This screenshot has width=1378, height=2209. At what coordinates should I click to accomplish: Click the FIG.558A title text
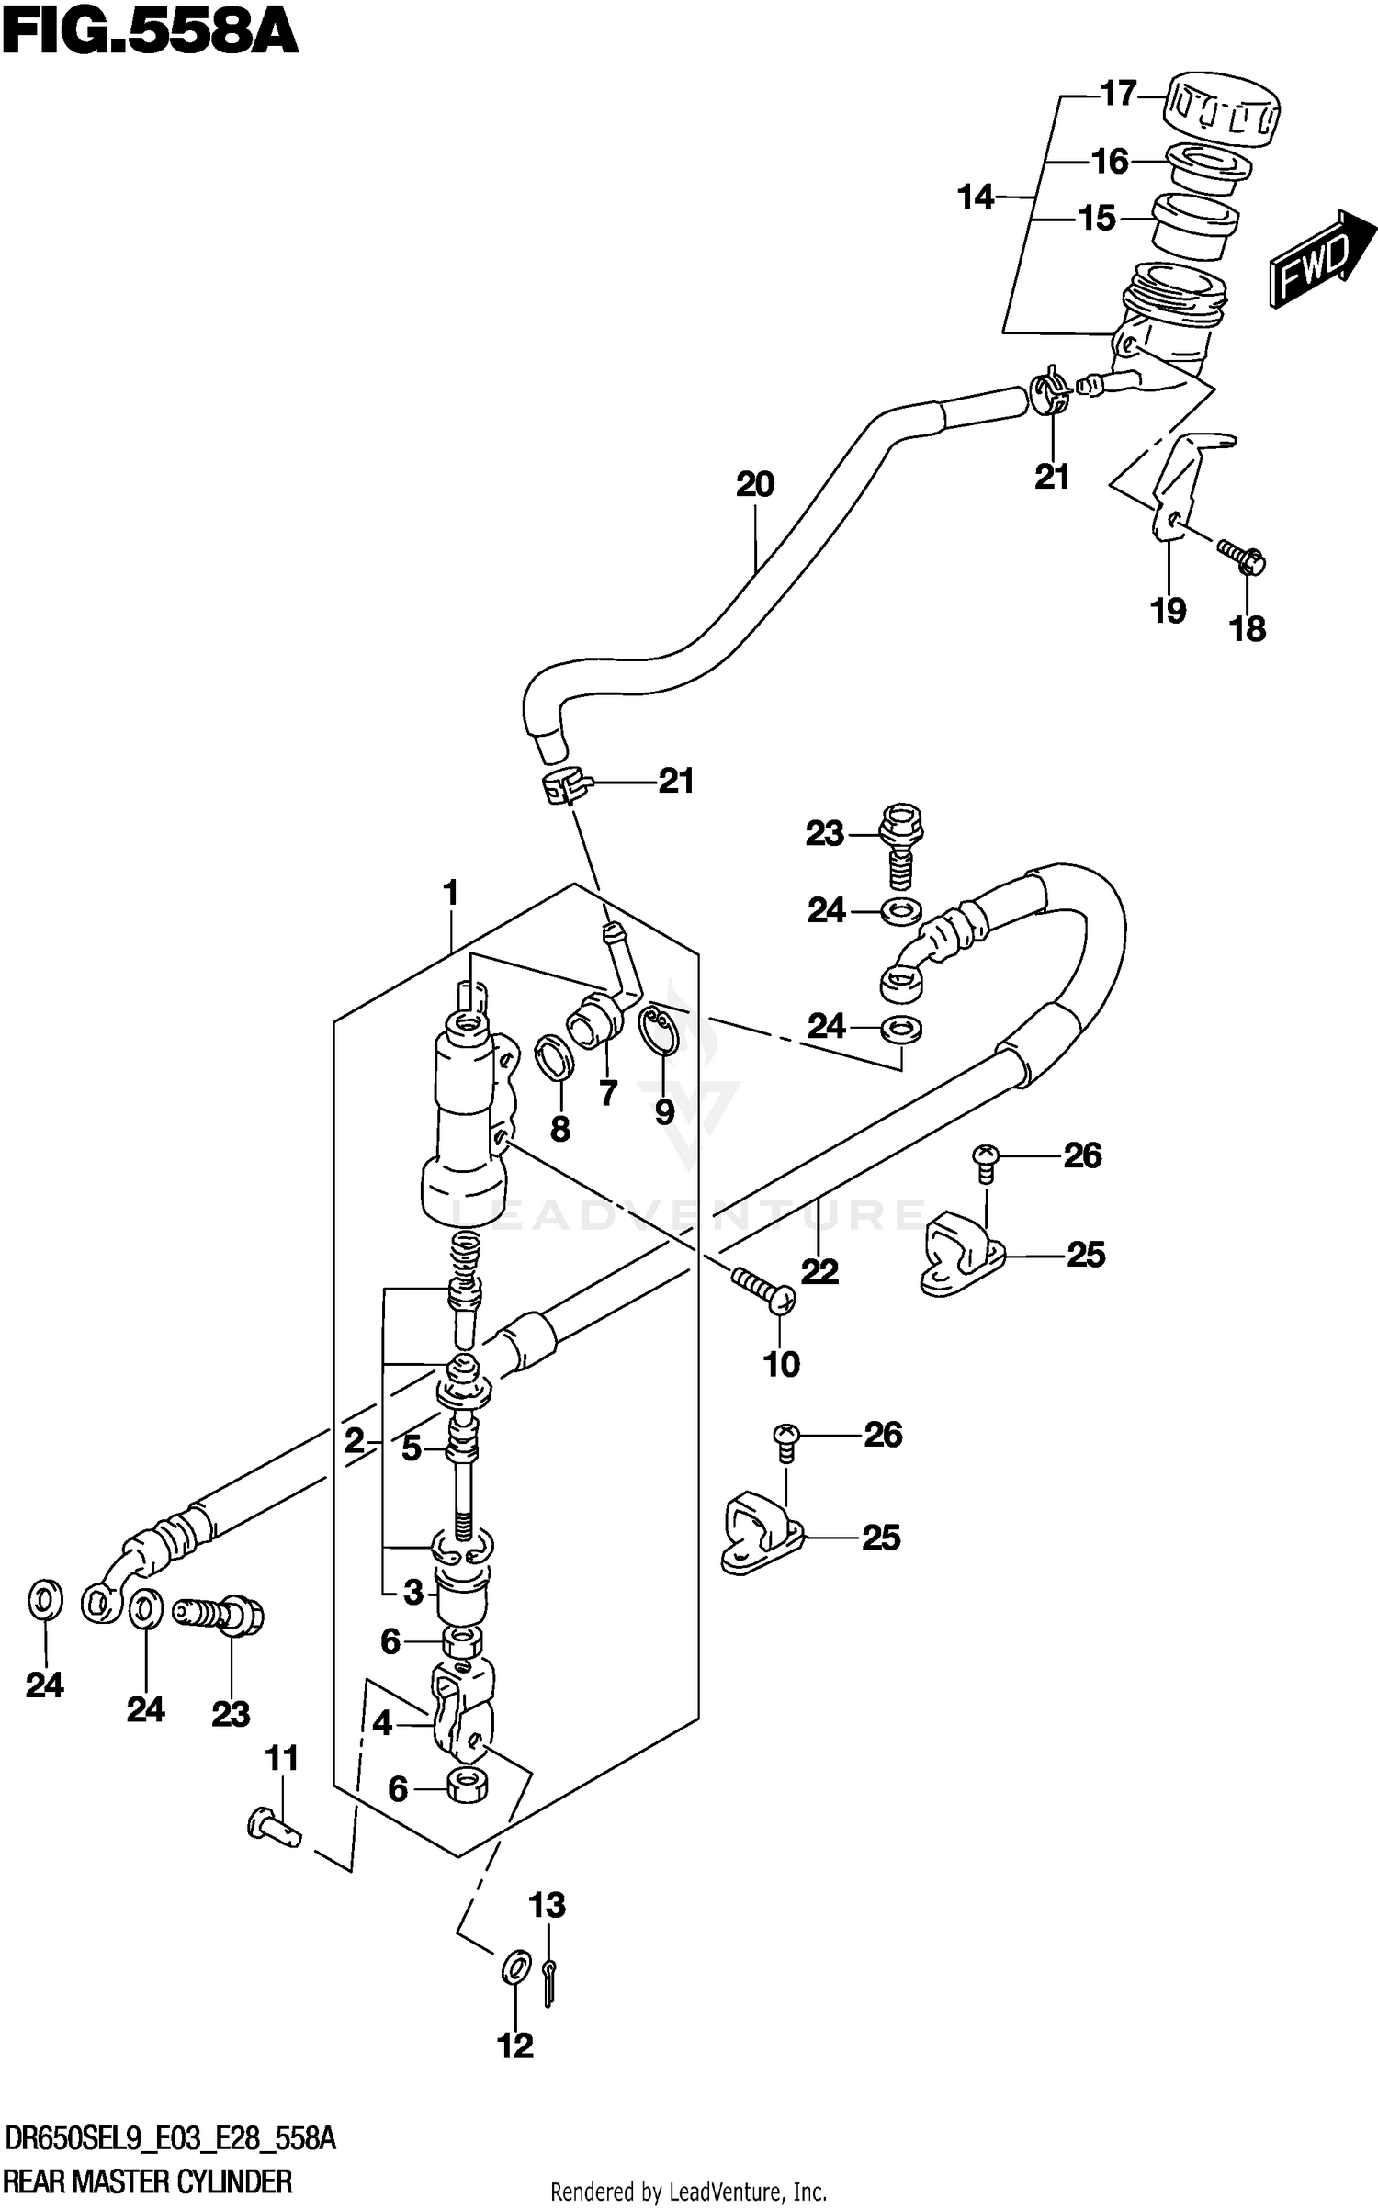[x=150, y=35]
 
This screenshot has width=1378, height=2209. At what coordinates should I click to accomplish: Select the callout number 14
[x=975, y=197]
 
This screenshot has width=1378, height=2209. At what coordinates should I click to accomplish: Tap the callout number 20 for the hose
[x=754, y=484]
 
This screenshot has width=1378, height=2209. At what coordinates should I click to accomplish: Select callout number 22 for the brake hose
[x=819, y=1271]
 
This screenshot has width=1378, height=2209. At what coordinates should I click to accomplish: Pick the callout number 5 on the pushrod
[x=411, y=1448]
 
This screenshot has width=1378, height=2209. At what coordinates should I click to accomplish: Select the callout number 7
[x=607, y=1093]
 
